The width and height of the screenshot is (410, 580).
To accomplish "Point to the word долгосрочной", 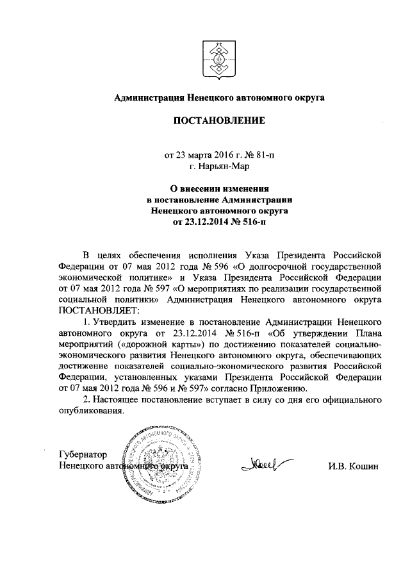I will click(268, 263).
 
